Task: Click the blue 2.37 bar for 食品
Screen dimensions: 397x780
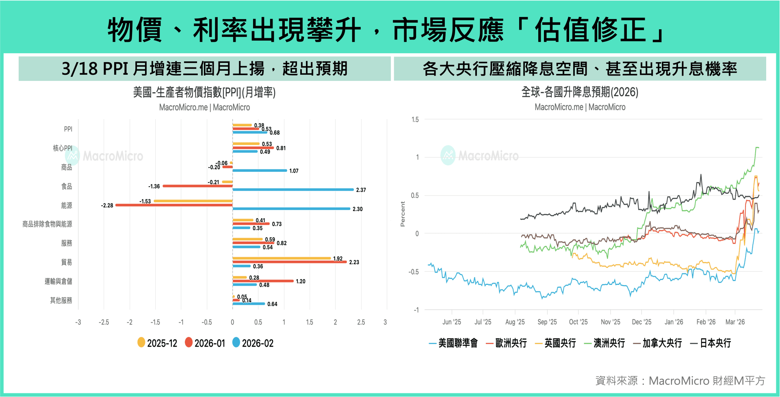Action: [292, 190]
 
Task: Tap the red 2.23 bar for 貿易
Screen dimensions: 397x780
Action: [289, 262]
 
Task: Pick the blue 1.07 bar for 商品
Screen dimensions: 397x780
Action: [260, 171]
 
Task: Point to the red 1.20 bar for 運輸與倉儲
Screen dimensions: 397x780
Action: [263, 281]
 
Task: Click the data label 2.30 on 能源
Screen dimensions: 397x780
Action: [357, 209]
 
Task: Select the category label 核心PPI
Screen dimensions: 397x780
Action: [63, 148]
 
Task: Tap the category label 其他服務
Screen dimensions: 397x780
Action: [61, 300]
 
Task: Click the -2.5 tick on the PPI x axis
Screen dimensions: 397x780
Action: [104, 322]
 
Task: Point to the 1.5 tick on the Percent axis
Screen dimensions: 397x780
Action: [415, 119]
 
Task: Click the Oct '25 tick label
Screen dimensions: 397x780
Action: [578, 322]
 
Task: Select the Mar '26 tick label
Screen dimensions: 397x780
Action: [735, 322]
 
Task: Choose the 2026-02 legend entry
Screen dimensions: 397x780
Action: [253, 343]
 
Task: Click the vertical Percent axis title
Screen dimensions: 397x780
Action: [403, 214]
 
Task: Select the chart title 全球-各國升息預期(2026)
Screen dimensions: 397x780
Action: [580, 92]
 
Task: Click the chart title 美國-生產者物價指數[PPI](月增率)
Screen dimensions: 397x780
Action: [204, 92]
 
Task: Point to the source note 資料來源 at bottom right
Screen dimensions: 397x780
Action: [680, 381]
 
